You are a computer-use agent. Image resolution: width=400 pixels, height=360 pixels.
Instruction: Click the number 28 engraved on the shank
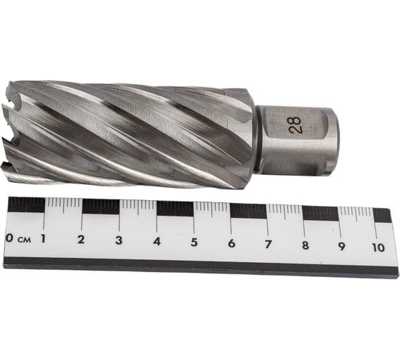click(x=296, y=125)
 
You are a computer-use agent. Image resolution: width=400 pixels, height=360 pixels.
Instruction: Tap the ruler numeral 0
click(x=9, y=238)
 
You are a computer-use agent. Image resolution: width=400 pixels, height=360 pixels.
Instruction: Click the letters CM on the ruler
click(x=24, y=240)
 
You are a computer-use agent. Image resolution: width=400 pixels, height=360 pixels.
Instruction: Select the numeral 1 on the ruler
click(x=43, y=239)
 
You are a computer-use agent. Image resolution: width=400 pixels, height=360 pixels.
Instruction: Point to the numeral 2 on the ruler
click(x=81, y=239)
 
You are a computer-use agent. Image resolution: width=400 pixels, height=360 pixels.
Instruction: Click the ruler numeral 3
click(x=119, y=240)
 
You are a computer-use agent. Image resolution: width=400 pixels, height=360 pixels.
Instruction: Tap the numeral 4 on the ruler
click(x=156, y=241)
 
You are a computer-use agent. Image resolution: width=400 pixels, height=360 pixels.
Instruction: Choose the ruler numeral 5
click(x=194, y=242)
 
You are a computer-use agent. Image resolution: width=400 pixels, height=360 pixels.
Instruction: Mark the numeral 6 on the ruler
click(x=231, y=244)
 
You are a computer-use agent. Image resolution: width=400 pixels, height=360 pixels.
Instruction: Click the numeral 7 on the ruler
click(x=268, y=244)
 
